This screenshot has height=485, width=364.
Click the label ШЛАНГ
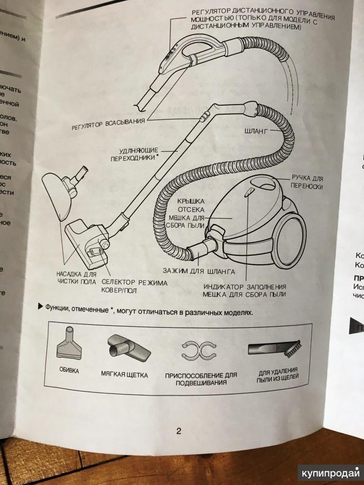pyautogui.click(x=255, y=131)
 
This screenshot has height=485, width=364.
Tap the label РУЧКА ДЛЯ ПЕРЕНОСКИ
pyautogui.click(x=307, y=182)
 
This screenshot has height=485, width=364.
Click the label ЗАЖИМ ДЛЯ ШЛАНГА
pyautogui.click(x=199, y=271)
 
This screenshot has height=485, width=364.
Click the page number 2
pyautogui.click(x=179, y=431)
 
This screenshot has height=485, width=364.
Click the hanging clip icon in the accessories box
pyautogui.click(x=199, y=351)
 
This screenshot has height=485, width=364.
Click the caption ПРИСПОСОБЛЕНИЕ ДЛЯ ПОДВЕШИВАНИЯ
pyautogui.click(x=200, y=378)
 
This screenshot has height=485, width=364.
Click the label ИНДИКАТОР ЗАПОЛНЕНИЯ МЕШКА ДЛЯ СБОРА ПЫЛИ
pyautogui.click(x=245, y=291)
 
